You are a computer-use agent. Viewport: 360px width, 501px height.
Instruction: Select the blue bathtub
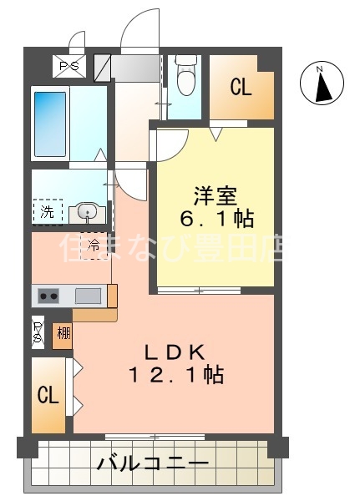[50, 124]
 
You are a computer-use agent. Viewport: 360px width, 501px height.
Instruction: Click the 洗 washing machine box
[47, 212]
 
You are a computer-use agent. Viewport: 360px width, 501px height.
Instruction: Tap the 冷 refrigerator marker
[94, 245]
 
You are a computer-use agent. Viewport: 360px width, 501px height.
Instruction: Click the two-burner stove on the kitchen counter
[48, 296]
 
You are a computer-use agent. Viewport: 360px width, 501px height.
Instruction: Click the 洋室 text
[216, 197]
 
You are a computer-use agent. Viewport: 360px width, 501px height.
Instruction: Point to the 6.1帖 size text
[216, 220]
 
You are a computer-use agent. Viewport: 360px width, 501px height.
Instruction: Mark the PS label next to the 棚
[38, 332]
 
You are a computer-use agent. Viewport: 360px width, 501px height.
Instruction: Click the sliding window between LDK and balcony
[155, 436]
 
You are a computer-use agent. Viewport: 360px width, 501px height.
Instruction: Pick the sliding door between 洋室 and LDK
[200, 291]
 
